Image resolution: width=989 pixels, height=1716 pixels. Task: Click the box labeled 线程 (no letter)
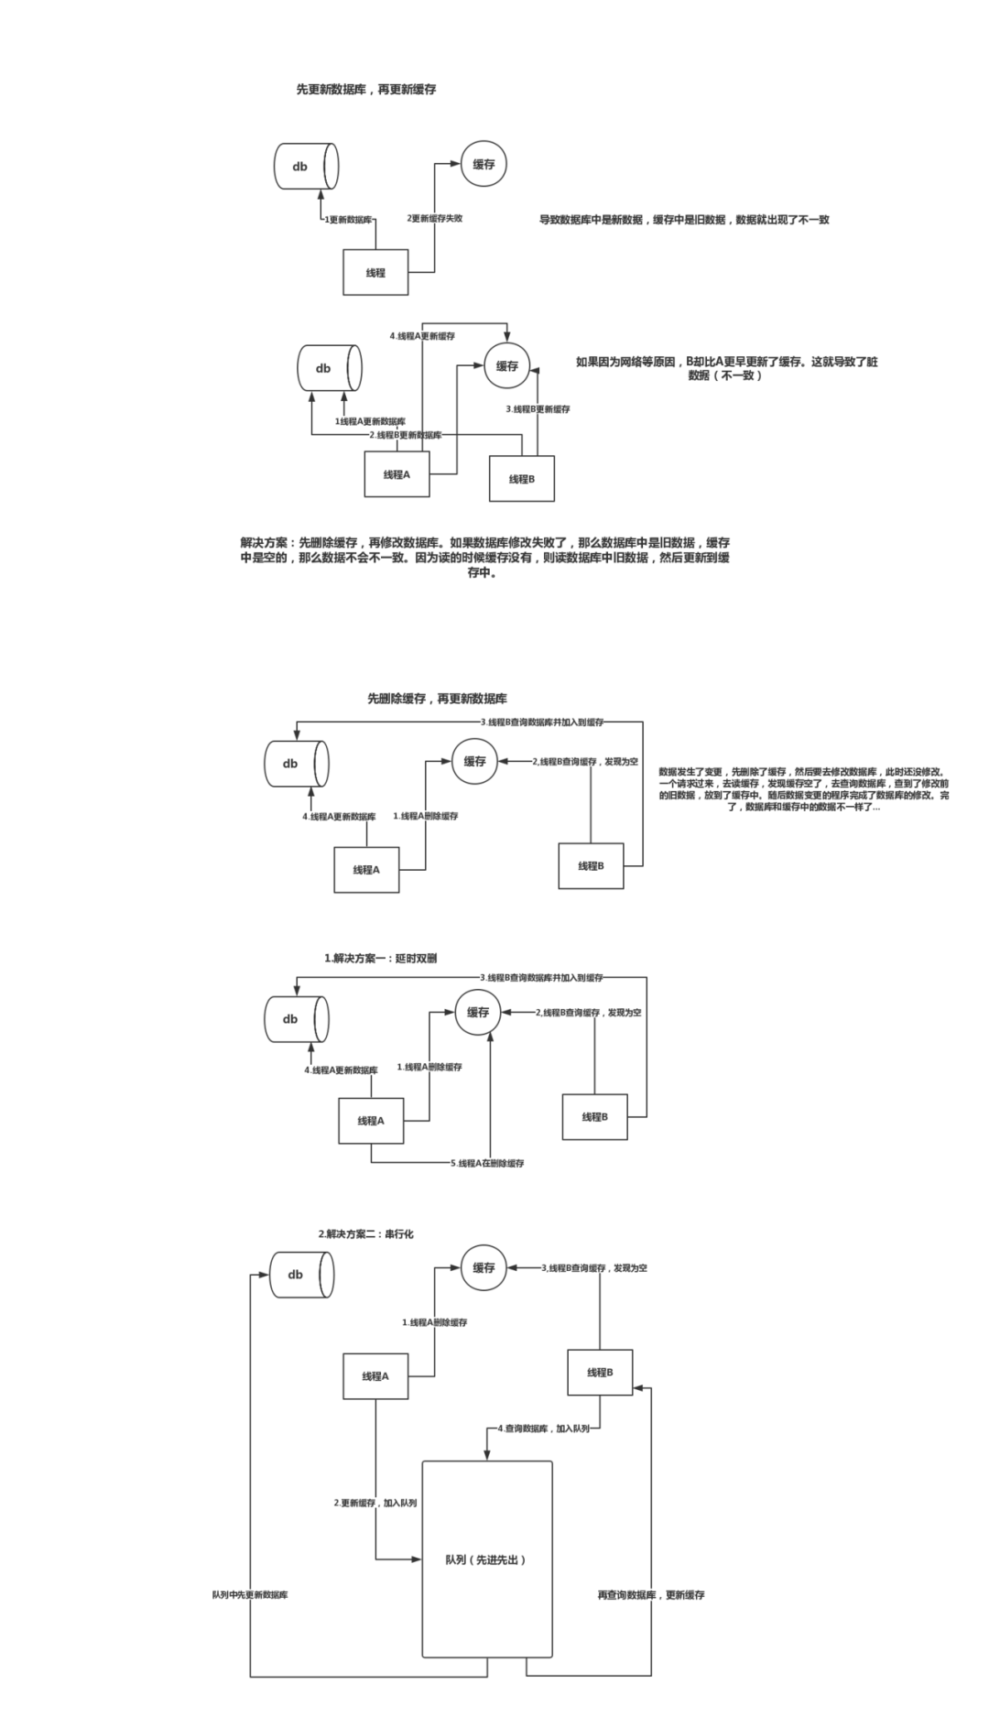375,273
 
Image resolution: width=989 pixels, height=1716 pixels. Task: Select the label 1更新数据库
349,220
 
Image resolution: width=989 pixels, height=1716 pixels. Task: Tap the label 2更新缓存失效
435,219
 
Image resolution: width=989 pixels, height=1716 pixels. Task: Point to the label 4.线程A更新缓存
422,336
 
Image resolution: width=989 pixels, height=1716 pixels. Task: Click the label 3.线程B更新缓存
538,409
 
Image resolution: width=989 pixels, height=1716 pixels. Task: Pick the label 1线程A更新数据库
371,421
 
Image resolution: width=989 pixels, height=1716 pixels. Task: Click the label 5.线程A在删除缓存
487,1163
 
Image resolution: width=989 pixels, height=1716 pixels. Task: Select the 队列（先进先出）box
486,1559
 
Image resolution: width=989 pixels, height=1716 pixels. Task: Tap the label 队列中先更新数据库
250,1594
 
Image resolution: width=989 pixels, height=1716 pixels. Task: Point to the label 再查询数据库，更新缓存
651,1594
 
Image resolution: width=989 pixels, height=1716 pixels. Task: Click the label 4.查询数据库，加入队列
544,1428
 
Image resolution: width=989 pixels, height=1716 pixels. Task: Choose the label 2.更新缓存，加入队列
375,1503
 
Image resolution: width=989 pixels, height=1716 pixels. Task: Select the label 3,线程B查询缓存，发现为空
594,1268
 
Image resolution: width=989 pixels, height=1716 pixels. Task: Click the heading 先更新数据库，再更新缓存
366,90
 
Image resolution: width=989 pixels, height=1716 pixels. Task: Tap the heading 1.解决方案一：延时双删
381,959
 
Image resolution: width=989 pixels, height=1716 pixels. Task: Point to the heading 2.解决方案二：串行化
366,1234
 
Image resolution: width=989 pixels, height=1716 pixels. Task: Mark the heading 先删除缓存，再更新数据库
438,699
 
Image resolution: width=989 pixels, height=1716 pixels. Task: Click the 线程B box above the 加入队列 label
600,1372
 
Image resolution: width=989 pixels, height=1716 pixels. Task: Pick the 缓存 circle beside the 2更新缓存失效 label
484,165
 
